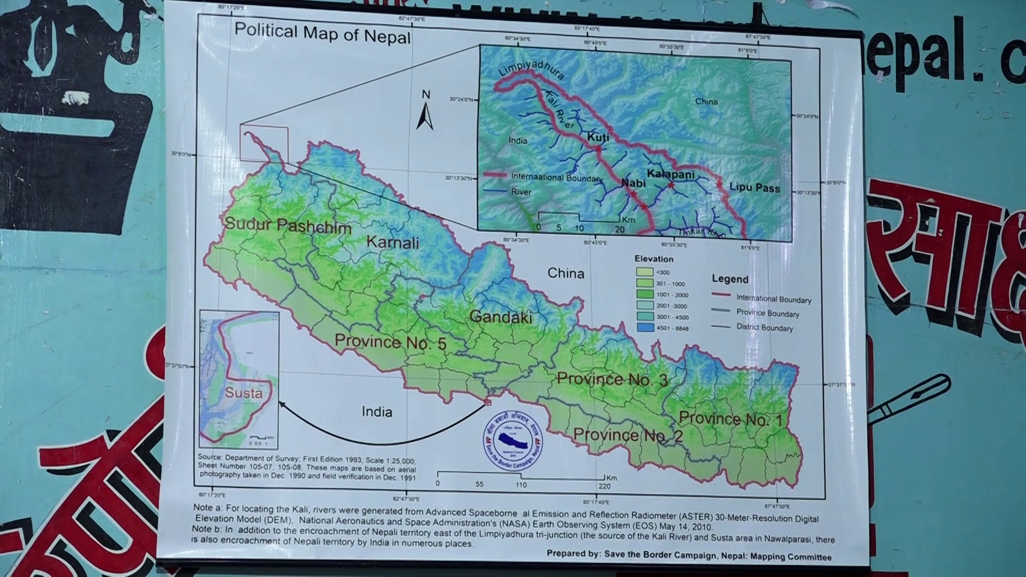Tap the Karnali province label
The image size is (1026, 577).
tap(393, 242)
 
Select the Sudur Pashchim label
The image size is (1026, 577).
tap(288, 225)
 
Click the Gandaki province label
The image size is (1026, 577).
tap(501, 317)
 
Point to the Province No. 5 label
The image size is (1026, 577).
tap(390, 342)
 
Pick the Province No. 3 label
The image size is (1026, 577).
tap(612, 379)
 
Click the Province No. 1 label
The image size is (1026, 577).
tap(730, 418)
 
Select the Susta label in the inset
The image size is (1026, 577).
tap(243, 393)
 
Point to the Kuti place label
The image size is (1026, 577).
tap(598, 137)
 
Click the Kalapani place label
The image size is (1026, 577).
tap(671, 174)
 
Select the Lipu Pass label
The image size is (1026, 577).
tap(755, 188)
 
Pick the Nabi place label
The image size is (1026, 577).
tap(633, 183)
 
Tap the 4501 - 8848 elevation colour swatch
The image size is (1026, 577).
tap(645, 328)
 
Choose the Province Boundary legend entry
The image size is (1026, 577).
tap(767, 313)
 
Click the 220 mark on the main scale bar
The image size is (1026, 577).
tap(604, 486)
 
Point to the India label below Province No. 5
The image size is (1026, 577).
tap(377, 411)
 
